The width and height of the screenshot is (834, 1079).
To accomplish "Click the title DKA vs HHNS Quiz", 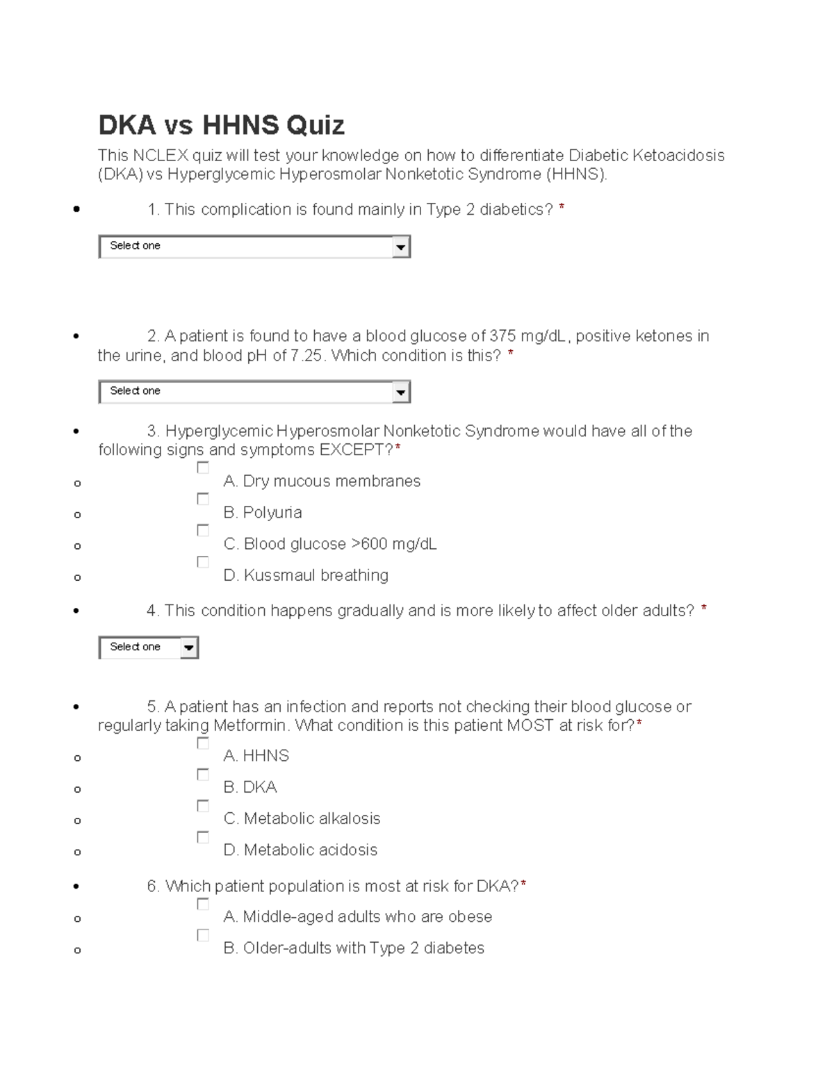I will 221,126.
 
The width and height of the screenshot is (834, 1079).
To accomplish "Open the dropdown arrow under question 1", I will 400,247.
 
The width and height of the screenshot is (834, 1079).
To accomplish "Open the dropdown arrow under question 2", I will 400,393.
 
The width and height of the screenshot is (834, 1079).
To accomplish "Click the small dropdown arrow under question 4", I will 188,648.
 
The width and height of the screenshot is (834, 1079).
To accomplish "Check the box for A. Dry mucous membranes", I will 203,468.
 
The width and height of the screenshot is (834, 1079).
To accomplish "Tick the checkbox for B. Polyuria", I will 203,499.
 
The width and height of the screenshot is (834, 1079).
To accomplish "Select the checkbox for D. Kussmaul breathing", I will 203,561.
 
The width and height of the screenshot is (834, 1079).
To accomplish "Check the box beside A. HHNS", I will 203,743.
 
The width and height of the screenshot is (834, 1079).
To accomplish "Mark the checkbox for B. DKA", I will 203,775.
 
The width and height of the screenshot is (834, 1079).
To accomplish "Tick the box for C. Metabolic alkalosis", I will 203,806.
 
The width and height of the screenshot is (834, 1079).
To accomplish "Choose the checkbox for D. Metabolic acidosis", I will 203,837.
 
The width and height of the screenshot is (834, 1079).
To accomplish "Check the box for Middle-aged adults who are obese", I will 203,904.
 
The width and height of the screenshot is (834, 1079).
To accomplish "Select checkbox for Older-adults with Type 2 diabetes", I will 203,935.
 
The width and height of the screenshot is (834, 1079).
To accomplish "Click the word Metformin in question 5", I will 250,726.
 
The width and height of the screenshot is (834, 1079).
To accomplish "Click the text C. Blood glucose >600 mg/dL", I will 330,544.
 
